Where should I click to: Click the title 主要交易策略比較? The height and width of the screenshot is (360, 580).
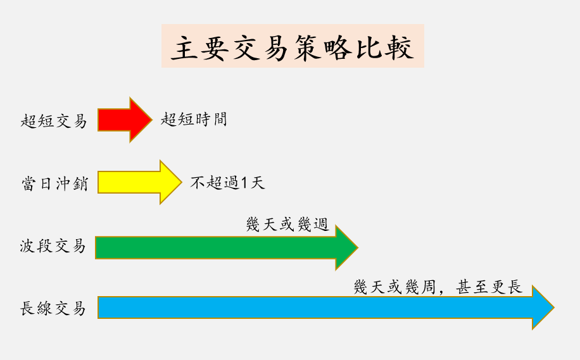[293, 47]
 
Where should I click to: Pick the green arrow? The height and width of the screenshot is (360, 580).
[222, 247]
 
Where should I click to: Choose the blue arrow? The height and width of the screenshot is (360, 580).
[317, 308]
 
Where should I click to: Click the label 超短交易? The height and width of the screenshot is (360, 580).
[53, 121]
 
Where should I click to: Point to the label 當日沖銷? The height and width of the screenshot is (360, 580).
[53, 183]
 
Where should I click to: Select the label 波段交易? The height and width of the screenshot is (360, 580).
[53, 246]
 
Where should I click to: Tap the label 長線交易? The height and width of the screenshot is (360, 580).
[53, 309]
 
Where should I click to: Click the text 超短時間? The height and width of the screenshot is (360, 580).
[194, 119]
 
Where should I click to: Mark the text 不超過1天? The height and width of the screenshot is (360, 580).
[227, 183]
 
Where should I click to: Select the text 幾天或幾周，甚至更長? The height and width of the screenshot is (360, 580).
[438, 287]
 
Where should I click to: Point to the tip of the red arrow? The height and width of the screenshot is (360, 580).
[151, 120]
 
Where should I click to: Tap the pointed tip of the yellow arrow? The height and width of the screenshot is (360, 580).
[180, 182]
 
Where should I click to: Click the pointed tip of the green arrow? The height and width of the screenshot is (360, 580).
[356, 247]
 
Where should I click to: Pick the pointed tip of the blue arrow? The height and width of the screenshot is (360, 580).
[553, 308]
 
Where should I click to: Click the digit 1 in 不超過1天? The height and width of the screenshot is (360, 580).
[244, 183]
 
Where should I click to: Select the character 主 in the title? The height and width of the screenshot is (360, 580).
[181, 48]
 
